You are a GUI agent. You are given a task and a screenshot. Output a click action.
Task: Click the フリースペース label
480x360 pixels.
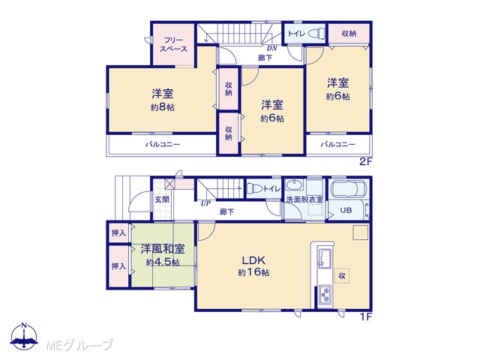pos(173,45)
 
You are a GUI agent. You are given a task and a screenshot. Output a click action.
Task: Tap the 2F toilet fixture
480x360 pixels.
pos(316,33)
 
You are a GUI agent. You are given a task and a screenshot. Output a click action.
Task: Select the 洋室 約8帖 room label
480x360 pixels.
pos(163,100)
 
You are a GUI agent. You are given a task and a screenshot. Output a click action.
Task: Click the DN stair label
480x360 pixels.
pos(271,48)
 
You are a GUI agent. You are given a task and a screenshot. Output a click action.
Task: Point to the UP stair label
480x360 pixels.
pos(205,203)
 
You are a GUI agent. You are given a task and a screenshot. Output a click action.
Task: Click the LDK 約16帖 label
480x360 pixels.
pos(253,266)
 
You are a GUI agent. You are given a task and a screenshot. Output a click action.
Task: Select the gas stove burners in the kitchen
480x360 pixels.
pos(325,294)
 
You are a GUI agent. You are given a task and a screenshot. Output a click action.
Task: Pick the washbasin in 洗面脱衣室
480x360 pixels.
pos(294,186)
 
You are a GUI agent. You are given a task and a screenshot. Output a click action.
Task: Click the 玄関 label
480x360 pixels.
pos(162,199)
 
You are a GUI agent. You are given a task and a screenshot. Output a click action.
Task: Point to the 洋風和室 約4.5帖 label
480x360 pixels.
pos(163,255)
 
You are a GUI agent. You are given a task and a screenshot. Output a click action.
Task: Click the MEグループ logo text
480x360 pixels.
pos(79,345)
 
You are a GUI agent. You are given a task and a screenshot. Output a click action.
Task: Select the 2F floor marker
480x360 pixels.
pos(365,162)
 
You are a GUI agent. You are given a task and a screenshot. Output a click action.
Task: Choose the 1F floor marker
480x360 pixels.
pos(365,316)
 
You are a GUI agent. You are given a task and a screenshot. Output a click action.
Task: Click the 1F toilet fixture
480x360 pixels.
pos(254,188)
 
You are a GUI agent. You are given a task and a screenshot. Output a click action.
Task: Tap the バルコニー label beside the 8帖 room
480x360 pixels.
pos(163,145)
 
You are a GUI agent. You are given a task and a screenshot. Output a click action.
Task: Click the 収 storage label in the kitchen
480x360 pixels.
pos(342,276)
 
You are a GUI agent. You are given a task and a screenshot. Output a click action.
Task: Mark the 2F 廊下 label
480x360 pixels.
pos(265,58)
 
